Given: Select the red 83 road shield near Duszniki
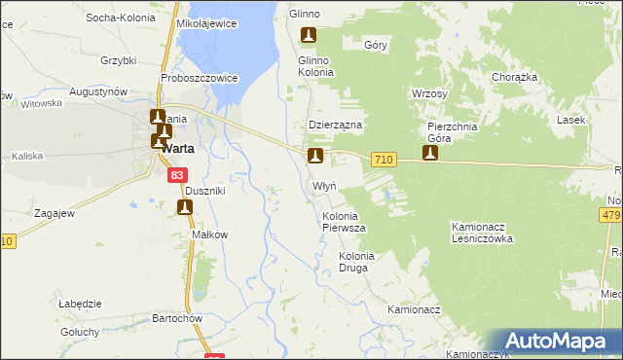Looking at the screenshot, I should coord(176,175).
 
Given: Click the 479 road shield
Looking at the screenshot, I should coord(611,215).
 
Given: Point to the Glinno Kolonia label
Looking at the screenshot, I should coord(315,66).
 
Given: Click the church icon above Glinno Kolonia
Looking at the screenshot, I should coord(309,37).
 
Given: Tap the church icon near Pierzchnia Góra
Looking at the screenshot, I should coord(429,153).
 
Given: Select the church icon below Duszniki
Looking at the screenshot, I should coord(185,207).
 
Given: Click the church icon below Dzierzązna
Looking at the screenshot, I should coord(314,156).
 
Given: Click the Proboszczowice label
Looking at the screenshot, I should coord(201,78).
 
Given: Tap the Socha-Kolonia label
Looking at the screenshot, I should coord(123,18).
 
